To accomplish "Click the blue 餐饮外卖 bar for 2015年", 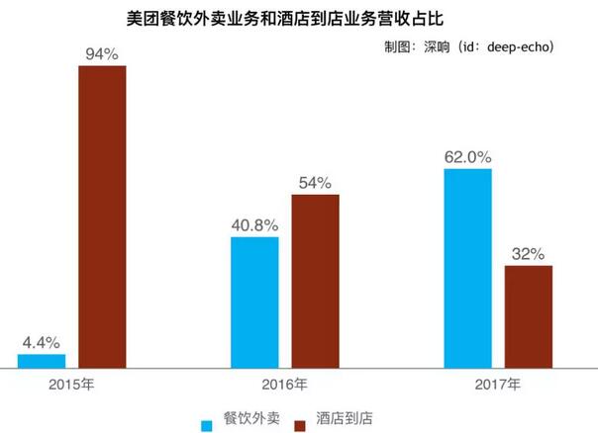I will (42, 361).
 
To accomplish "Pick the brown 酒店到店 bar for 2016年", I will (315, 281).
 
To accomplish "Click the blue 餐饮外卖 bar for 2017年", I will (468, 268).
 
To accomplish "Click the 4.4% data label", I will (42, 343).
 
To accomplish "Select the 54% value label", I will (315, 183).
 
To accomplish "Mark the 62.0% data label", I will (468, 157).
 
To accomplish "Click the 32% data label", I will (529, 254).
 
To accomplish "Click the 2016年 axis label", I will (285, 384).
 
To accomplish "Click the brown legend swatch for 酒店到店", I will (301, 424).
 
